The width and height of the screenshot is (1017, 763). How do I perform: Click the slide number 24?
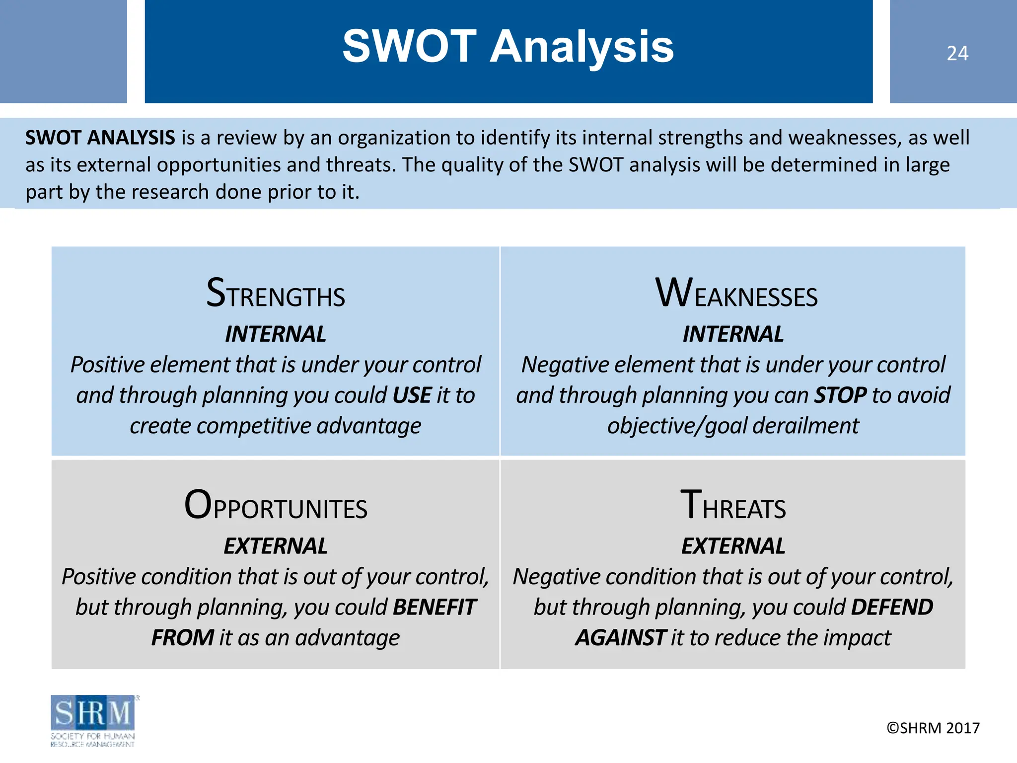[x=957, y=54]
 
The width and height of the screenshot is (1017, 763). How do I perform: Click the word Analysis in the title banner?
[x=582, y=47]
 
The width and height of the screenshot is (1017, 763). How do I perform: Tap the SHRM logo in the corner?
[x=93, y=720]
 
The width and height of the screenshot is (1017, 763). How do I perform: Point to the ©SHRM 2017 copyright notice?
[x=933, y=728]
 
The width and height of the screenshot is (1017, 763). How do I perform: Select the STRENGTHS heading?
[x=276, y=294]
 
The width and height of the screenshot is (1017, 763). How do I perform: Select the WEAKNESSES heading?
[x=736, y=294]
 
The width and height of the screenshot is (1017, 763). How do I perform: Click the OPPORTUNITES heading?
[x=276, y=506]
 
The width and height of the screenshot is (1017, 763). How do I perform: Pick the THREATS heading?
[x=733, y=506]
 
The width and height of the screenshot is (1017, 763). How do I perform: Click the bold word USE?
[x=412, y=396]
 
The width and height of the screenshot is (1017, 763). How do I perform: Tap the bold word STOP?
[x=840, y=396]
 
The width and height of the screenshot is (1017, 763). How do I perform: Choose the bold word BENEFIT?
[x=435, y=608]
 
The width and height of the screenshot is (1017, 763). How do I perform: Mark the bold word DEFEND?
[x=892, y=608]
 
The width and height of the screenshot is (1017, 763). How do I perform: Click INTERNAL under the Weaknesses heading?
[x=733, y=334]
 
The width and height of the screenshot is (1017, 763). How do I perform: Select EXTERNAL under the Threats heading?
[x=733, y=546]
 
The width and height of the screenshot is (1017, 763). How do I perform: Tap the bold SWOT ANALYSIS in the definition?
[x=100, y=138]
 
